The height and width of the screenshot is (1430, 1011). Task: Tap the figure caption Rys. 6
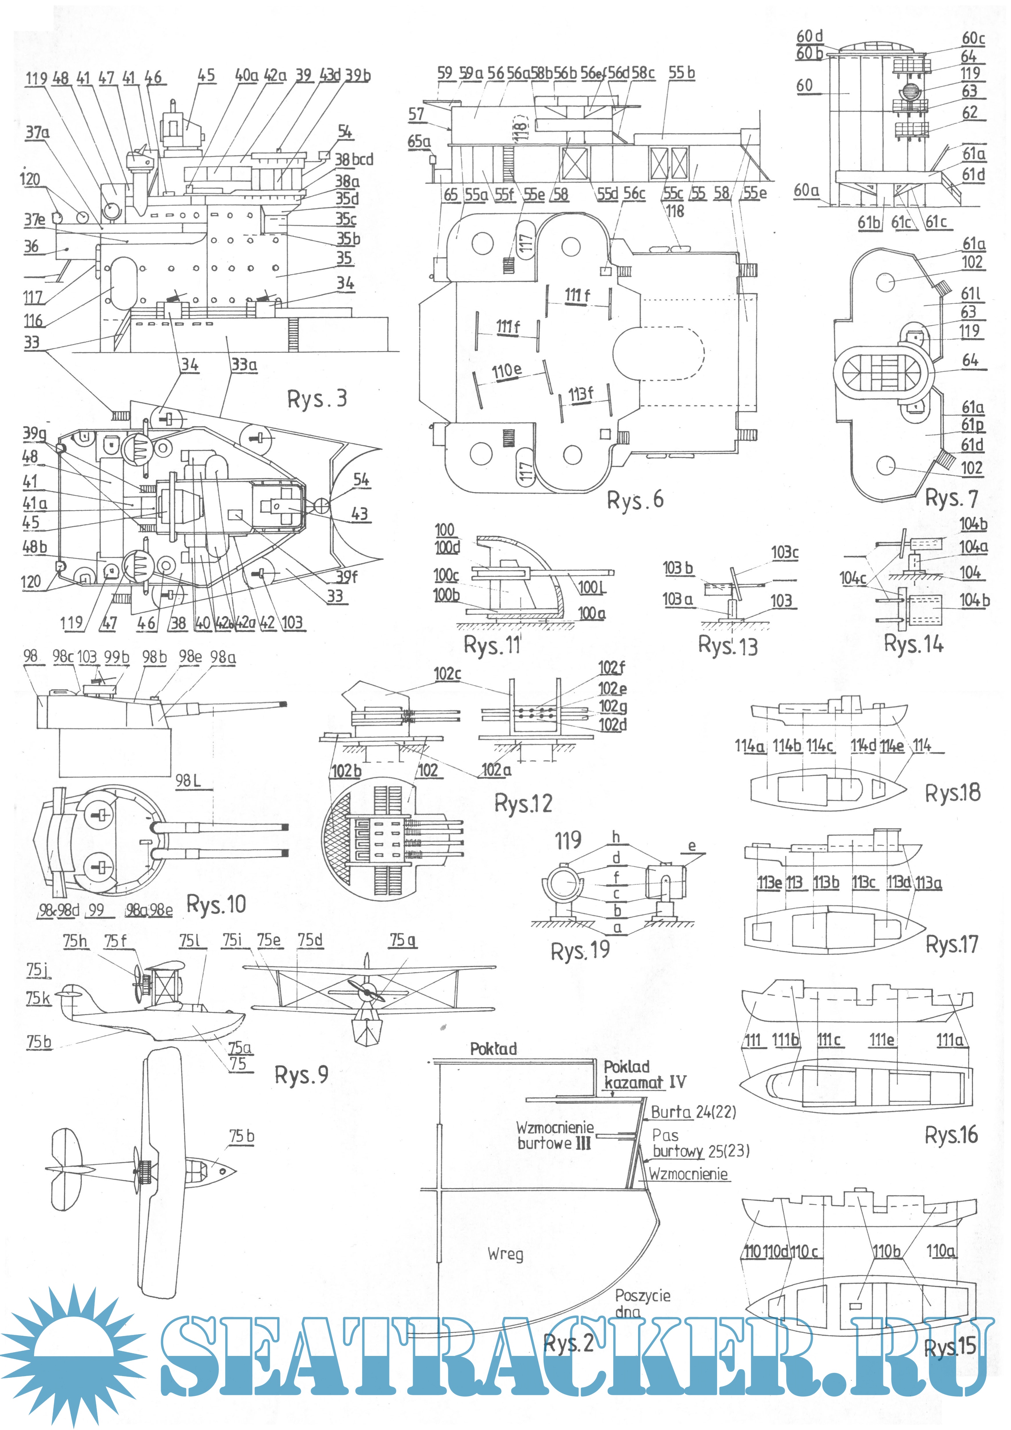(x=635, y=500)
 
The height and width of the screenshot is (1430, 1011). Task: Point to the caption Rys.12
(x=523, y=803)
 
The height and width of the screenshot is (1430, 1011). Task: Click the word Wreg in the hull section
(x=505, y=1254)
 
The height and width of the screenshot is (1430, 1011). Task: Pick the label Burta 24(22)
(x=693, y=1112)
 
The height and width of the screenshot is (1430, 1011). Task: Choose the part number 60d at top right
(x=809, y=36)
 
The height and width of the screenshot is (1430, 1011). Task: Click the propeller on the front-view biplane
(x=367, y=990)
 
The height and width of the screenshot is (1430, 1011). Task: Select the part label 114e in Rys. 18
(x=891, y=745)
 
